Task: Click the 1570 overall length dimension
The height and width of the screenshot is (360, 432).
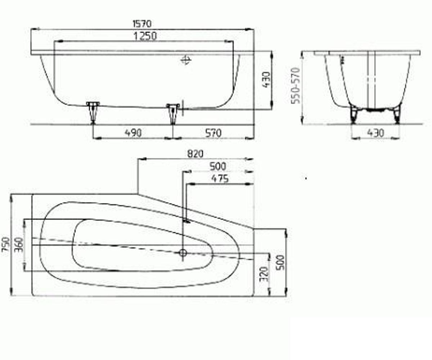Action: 142,24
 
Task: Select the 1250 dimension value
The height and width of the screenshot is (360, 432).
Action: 145,36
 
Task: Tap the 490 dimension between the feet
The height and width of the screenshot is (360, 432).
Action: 133,133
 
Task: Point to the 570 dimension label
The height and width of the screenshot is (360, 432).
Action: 213,133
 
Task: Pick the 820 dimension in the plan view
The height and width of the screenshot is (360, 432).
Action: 195,154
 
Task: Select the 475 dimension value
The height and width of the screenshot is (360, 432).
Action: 220,179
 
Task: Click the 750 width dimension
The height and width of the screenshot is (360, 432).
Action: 6,244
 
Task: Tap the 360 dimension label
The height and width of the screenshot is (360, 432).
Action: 19,245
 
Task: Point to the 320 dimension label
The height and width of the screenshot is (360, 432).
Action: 265,274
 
